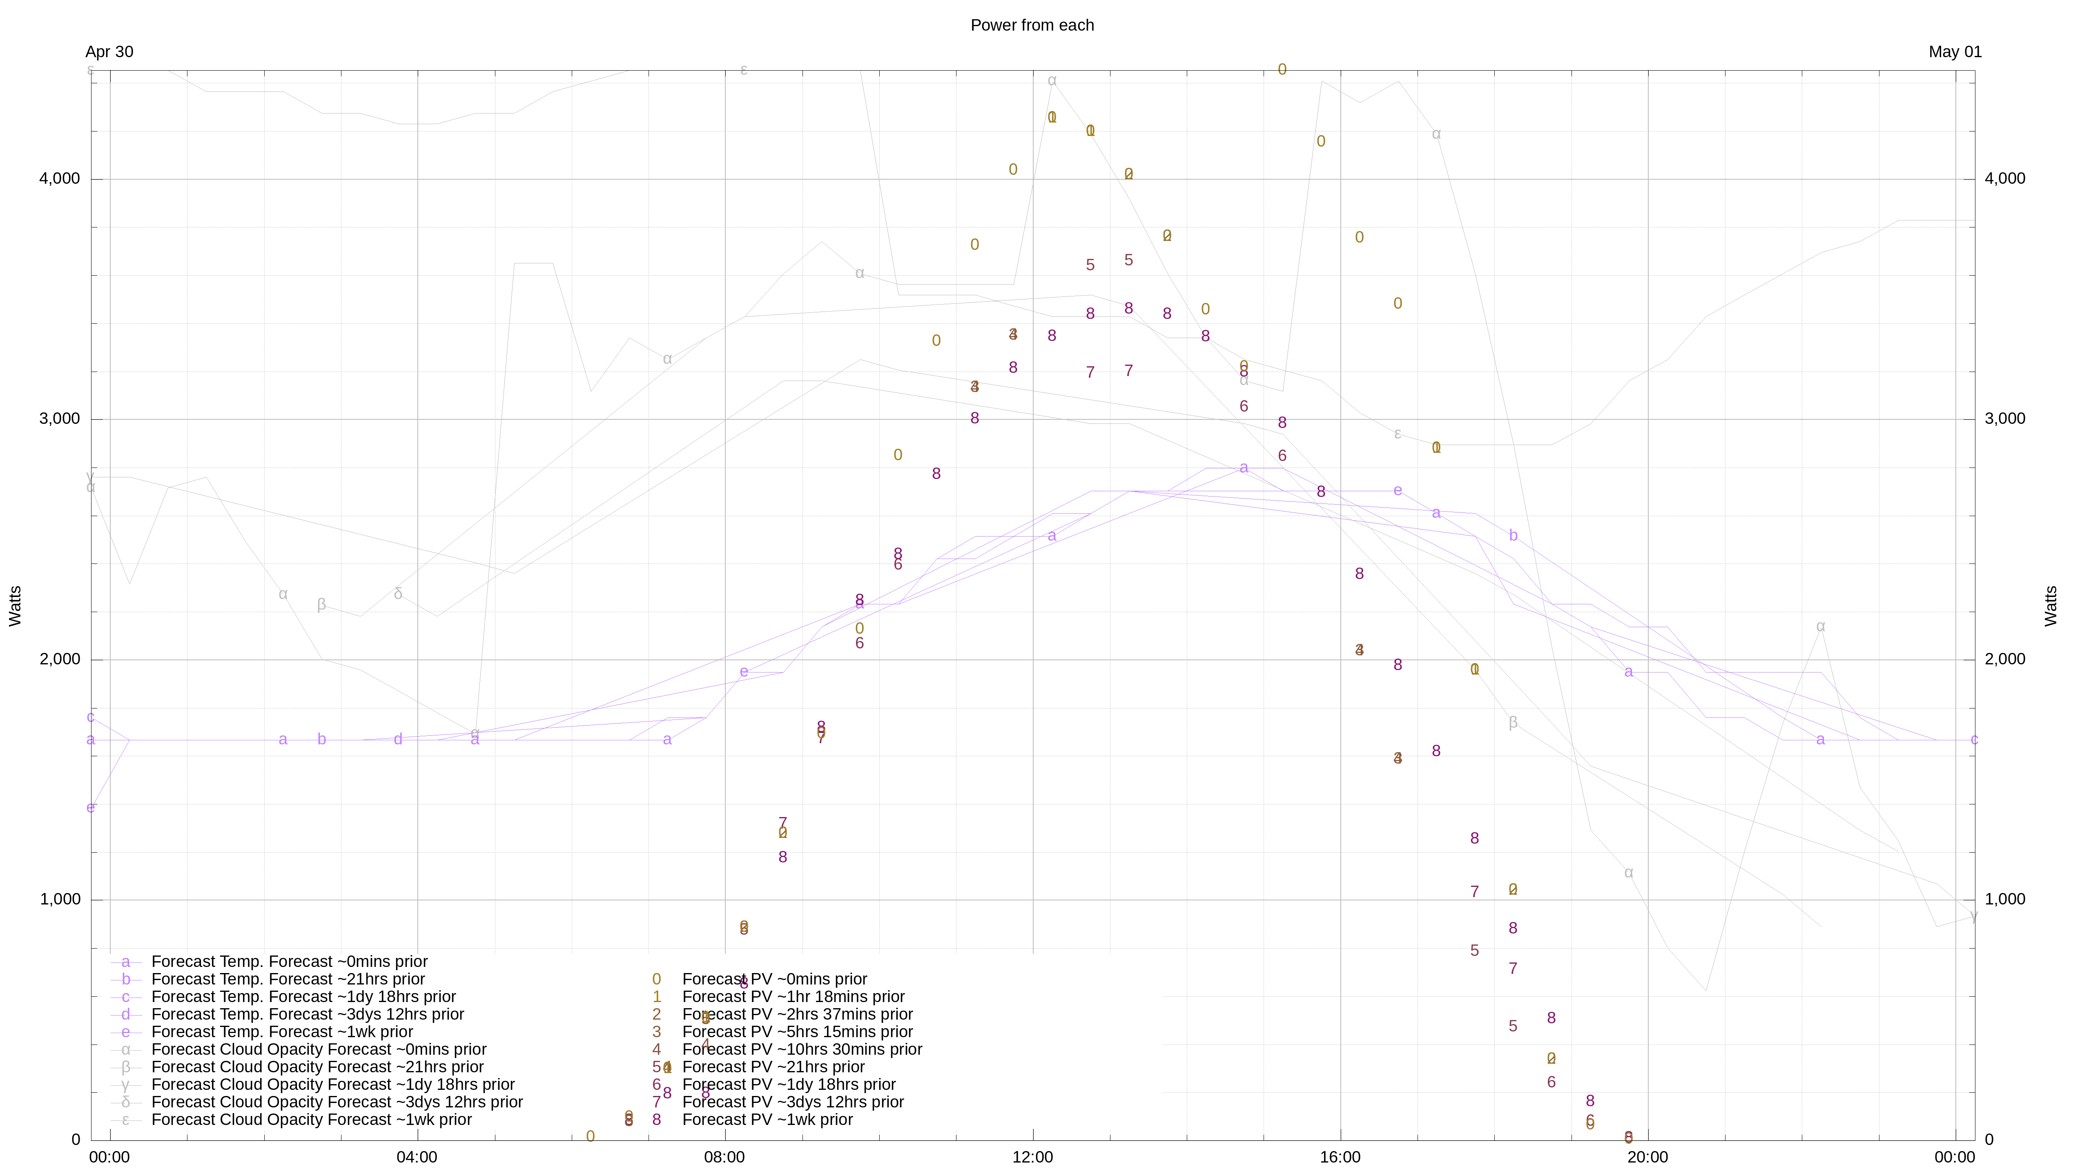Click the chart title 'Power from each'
1032,25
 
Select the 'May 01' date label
1955,52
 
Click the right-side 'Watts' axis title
2051,606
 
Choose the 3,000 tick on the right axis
2005,419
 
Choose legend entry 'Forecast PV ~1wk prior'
767,1120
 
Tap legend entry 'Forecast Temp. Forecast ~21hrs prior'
288,980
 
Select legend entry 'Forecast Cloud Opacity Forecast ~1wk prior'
311,1120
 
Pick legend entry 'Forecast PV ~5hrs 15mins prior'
797,1032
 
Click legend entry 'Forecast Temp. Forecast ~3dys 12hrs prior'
308,1014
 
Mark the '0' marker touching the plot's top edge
1282,70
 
